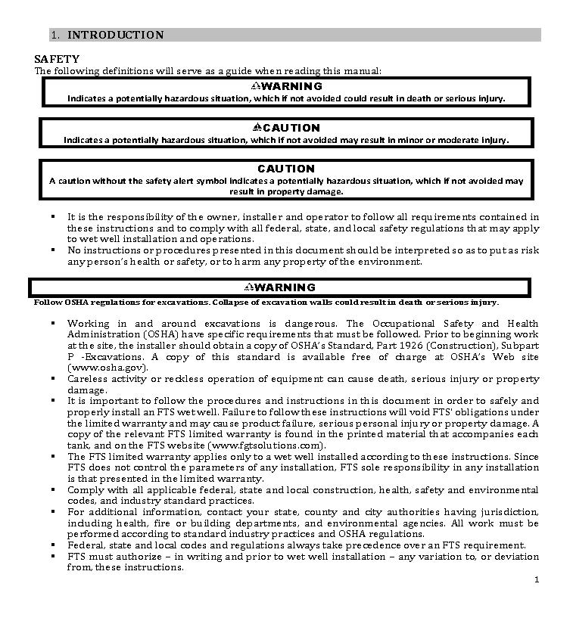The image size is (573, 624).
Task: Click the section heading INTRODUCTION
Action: tap(115, 35)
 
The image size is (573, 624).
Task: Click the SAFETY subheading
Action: tap(57, 59)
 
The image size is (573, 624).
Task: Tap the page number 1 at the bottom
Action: tap(536, 580)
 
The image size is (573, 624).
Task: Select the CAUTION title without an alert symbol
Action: tap(285, 169)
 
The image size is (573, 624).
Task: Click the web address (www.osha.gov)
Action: tap(106, 367)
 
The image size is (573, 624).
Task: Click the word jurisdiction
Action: tap(508, 512)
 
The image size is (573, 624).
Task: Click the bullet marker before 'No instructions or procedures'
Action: tap(54, 249)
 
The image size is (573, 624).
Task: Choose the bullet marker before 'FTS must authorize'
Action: tap(54, 556)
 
